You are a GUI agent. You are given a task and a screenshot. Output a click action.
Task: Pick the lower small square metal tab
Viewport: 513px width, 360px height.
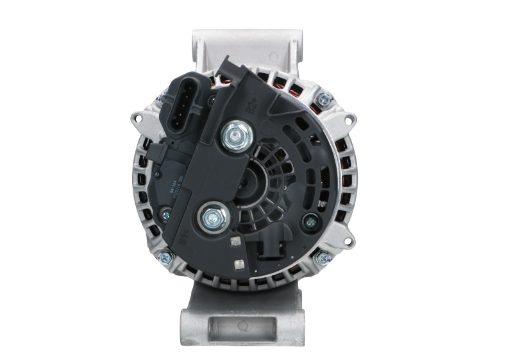[240, 264]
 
